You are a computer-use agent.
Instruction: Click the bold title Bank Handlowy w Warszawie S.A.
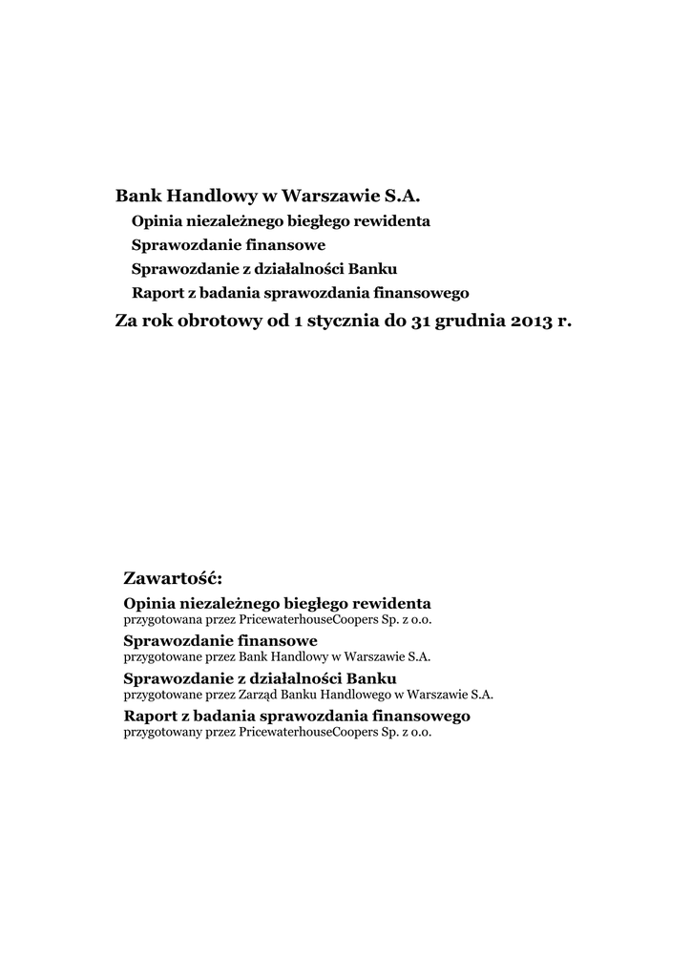(x=267, y=197)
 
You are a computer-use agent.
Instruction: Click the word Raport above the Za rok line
(x=154, y=292)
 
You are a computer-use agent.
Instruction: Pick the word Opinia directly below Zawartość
(x=151, y=604)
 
